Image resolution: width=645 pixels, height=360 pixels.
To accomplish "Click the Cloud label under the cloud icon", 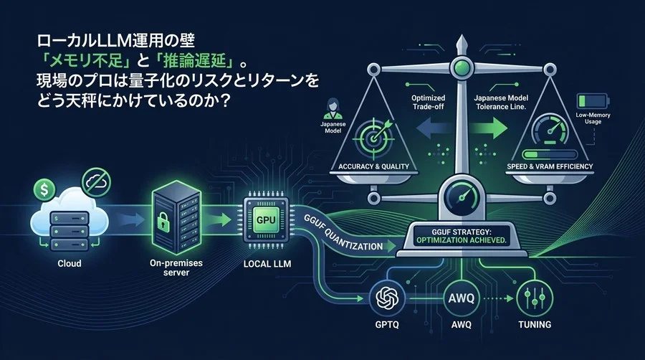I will click(69, 263).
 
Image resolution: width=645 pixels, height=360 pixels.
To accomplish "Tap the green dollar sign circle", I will click(42, 190).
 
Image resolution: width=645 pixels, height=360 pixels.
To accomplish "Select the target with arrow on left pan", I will click(374, 136).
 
